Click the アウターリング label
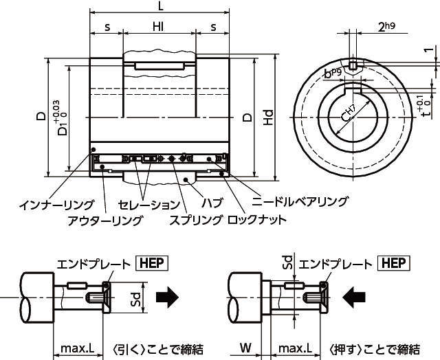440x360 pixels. (x=105, y=220)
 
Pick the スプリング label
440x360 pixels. (x=196, y=220)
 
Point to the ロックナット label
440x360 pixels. (x=256, y=220)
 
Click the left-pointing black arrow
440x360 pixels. (x=355, y=297)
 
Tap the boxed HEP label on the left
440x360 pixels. (x=153, y=263)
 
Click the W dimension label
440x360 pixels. (x=245, y=348)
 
